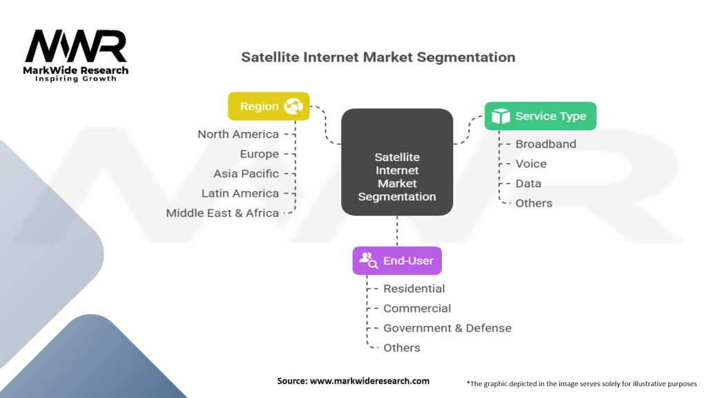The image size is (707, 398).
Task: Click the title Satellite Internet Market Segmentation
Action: (378, 57)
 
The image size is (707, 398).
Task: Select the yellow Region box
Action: (269, 106)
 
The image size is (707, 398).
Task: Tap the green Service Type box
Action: (540, 116)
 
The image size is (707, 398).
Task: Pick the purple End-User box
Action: (397, 260)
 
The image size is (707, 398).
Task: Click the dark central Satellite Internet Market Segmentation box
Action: (397, 162)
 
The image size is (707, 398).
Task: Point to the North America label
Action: (238, 134)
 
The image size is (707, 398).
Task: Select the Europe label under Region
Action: (260, 154)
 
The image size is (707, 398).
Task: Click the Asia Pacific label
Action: (246, 173)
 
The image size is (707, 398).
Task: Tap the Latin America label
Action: (240, 193)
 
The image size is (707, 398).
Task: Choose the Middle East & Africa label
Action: (222, 213)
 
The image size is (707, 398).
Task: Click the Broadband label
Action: (545, 144)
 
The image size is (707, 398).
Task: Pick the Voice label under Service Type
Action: (531, 164)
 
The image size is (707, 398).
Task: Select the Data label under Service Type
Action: (528, 183)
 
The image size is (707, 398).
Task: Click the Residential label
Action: (414, 289)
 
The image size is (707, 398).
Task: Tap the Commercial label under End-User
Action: (417, 308)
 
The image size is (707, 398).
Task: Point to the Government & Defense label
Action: (447, 328)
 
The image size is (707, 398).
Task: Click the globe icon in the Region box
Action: (294, 106)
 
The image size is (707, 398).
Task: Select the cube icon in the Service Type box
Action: (501, 116)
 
